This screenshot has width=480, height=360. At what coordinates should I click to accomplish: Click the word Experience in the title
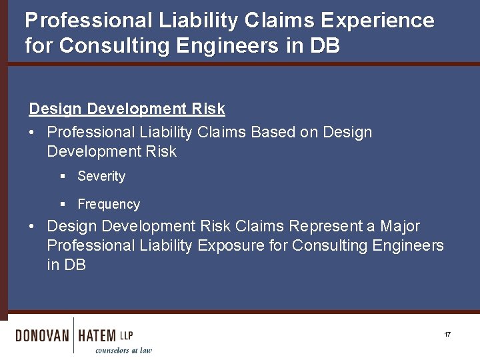[x=377, y=21]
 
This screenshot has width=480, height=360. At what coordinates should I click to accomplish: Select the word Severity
[x=101, y=177]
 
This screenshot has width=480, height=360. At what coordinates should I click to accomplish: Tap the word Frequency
[x=109, y=205]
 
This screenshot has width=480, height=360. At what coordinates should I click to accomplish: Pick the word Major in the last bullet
[x=400, y=227]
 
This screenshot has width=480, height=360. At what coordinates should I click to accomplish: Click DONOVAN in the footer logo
[x=42, y=335]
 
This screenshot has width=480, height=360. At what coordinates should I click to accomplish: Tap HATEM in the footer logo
[x=97, y=335]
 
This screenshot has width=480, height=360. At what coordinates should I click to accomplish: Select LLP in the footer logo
[x=127, y=335]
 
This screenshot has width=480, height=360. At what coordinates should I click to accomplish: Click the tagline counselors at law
[x=123, y=350]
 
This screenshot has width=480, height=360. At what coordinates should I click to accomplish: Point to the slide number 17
[x=447, y=334]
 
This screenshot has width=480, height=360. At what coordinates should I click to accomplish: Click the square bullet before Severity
[x=63, y=177]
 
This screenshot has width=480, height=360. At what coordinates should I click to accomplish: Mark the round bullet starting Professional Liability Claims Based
[x=33, y=133]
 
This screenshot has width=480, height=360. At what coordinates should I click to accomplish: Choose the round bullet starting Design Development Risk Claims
[x=33, y=227]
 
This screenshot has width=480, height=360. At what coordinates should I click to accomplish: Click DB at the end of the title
[x=325, y=47]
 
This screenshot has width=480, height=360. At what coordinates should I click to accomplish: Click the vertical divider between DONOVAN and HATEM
[x=73, y=335]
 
